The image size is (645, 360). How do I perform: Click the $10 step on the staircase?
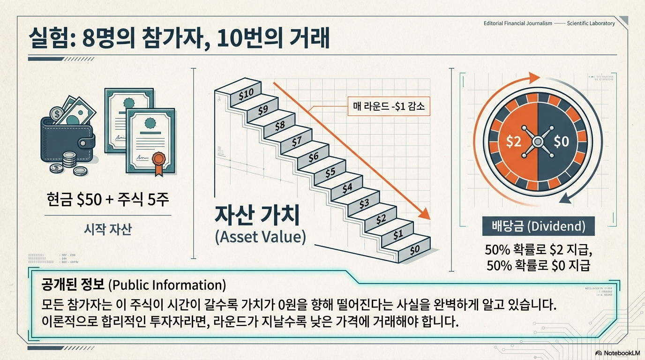[x=246, y=94]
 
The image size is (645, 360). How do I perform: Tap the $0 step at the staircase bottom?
[x=414, y=250]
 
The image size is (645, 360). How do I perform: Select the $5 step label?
[x=330, y=172]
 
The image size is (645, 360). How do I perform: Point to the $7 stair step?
[x=296, y=141]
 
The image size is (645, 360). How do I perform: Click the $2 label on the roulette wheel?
[x=514, y=141]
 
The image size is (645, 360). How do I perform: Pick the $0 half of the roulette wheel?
[x=561, y=141]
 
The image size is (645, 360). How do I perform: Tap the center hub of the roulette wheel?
[x=538, y=141]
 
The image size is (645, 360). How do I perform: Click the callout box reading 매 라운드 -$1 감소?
[x=388, y=106]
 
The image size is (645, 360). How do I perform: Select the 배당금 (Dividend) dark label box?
[x=538, y=227]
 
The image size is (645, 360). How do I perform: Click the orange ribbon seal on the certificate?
[x=159, y=160]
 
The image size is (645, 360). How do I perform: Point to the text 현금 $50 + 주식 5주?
[x=108, y=200]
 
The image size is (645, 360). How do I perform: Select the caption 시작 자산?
[x=108, y=230]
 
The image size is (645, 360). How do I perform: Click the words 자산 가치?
[x=256, y=215]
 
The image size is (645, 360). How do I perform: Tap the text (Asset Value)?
[x=260, y=237]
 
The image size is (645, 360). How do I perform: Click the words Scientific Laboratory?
[x=591, y=23]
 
